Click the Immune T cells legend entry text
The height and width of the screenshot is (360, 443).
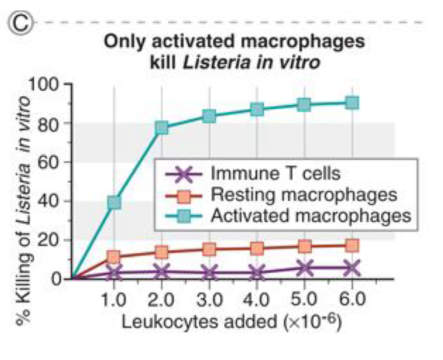275,173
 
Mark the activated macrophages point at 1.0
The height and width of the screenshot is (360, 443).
114,203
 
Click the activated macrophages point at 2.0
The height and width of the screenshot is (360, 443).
162,128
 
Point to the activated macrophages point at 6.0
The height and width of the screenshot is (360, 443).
352,103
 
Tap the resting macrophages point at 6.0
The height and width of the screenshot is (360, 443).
352,246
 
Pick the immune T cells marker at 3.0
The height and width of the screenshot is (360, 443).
209,273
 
